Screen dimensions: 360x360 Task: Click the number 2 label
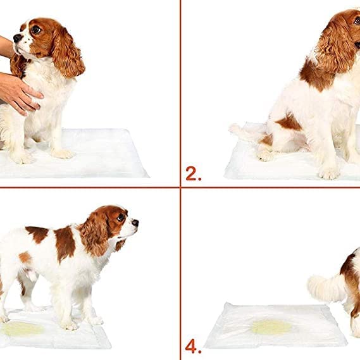[193, 173]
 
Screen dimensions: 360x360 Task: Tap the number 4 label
[193, 347]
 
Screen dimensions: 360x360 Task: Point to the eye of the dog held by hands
[35, 30]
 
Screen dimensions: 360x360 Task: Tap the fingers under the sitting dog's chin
[6, 44]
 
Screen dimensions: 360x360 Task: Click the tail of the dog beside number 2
[239, 130]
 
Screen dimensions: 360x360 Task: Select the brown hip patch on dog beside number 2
[288, 121]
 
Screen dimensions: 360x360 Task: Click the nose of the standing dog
[135, 222]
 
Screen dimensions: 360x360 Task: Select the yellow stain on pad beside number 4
[272, 326]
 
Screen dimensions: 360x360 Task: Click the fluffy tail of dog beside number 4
[326, 285]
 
